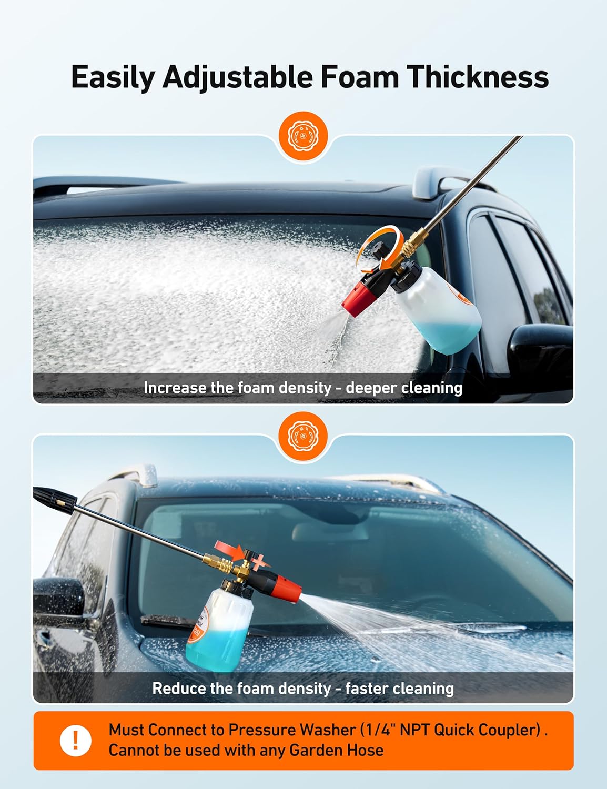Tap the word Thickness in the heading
[x=478, y=77]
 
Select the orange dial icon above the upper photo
[x=303, y=137]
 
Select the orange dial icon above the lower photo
[x=303, y=436]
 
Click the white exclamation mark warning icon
[x=76, y=741]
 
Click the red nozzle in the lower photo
[x=285, y=589]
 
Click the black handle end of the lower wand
[x=55, y=500]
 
